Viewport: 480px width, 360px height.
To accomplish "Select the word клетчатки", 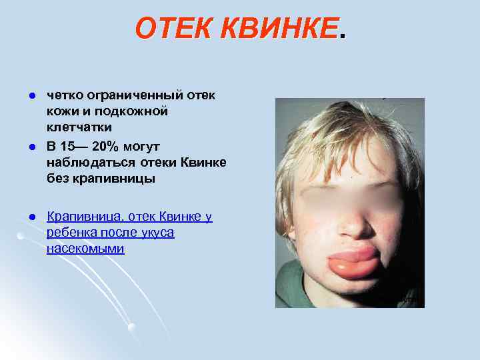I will pyautogui.click(x=79, y=127).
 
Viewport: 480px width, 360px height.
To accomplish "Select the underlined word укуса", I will pyautogui.click(x=157, y=233).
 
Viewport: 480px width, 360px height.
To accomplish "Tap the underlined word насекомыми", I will pyautogui.click(x=85, y=249).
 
